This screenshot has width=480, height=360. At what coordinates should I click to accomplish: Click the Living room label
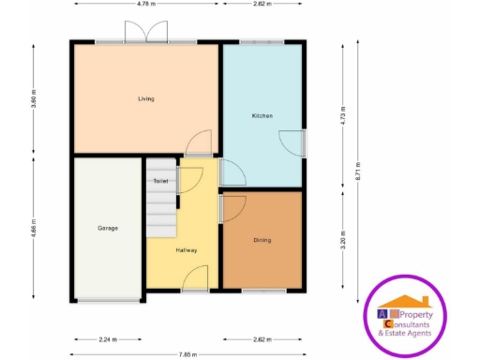(145, 98)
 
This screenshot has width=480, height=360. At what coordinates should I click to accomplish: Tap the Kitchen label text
(262, 115)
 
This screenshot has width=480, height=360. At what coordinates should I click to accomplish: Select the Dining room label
(262, 240)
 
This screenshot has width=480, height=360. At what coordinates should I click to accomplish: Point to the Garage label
(108, 228)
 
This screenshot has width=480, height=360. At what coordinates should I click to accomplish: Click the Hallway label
(186, 250)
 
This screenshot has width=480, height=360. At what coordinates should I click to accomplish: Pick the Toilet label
(160, 180)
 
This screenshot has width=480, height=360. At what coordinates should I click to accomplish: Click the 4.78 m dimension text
(145, 4)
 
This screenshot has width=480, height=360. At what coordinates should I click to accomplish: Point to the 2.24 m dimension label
(108, 339)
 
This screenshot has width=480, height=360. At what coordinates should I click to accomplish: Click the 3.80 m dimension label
(35, 98)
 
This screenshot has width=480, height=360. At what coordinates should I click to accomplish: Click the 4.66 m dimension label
(35, 230)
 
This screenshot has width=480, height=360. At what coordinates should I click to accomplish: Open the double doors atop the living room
(145, 34)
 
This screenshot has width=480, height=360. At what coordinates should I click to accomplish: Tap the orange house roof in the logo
(410, 302)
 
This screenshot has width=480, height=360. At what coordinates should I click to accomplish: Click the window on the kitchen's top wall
(262, 41)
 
